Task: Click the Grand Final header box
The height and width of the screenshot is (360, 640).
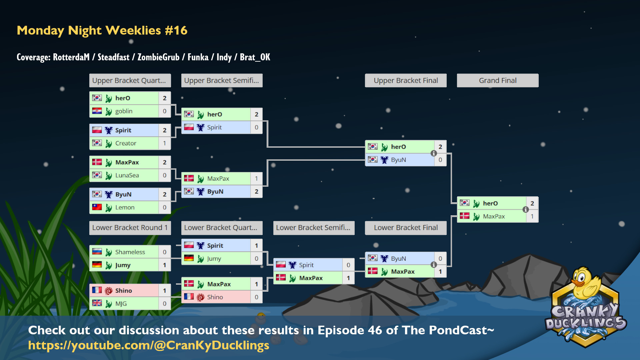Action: tap(498, 80)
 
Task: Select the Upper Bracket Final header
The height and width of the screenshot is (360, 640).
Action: tap(406, 80)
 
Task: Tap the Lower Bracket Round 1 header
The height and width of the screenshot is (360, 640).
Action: tap(130, 228)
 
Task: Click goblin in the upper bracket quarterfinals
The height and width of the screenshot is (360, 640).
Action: tap(124, 111)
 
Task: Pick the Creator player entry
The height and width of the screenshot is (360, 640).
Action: tap(126, 143)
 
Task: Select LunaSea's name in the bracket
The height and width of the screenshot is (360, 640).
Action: tap(127, 175)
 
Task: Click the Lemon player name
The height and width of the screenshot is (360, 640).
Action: tap(125, 207)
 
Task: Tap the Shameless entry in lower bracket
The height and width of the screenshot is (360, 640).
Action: tap(130, 252)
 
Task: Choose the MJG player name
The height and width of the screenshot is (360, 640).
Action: tap(121, 304)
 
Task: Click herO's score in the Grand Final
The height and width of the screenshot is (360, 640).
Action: tap(532, 203)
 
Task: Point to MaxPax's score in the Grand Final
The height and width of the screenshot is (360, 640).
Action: tap(532, 216)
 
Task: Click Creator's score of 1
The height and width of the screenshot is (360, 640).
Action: tap(165, 143)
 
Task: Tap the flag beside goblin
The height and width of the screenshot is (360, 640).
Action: tap(97, 111)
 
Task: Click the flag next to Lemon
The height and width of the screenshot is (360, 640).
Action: tap(97, 207)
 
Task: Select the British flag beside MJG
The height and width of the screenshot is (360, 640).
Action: tap(97, 303)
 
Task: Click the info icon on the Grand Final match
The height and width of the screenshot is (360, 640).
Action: tap(526, 209)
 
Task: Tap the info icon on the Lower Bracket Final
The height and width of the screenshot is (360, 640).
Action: tap(434, 265)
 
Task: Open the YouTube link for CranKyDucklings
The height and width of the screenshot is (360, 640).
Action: tap(149, 345)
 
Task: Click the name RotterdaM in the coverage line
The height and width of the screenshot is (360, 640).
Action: tap(71, 57)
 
